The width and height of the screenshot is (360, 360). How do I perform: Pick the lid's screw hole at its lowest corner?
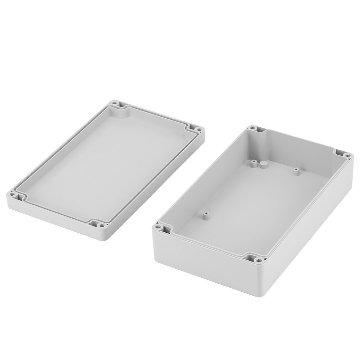click(101, 226)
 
